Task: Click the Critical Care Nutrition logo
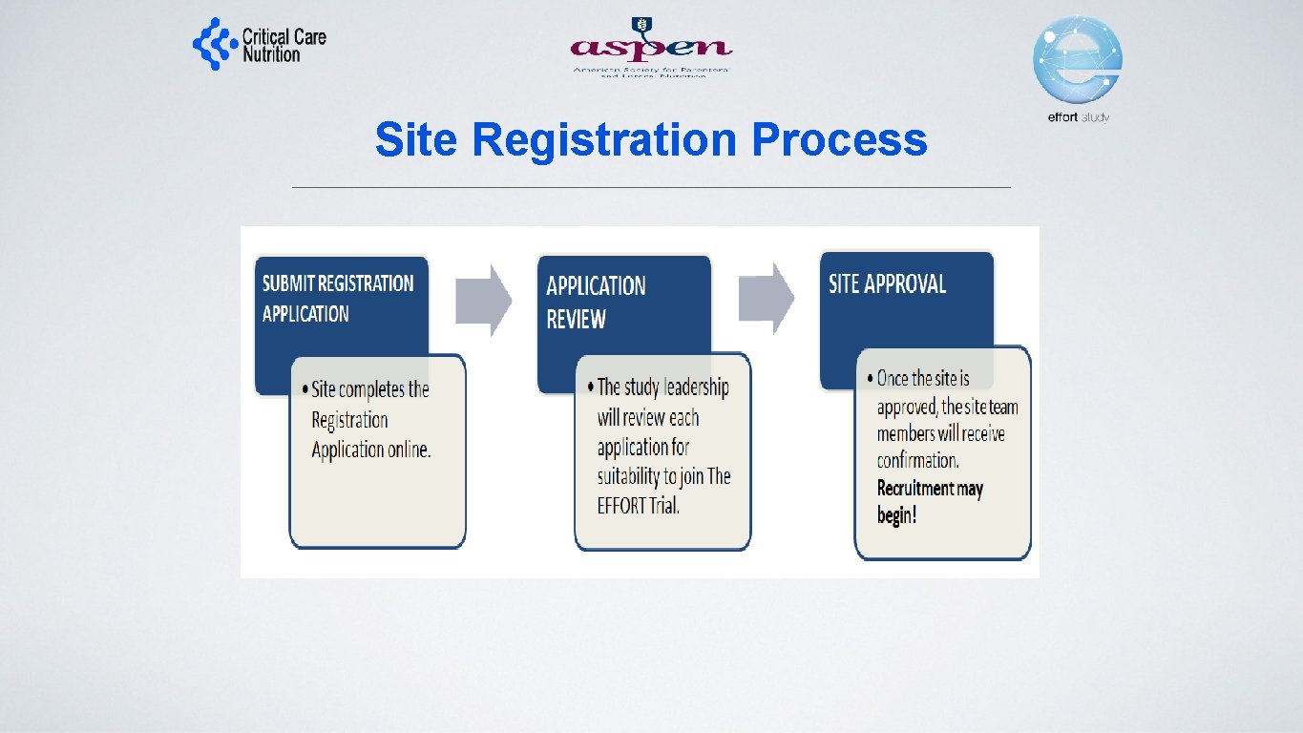click(x=259, y=44)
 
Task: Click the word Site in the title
click(x=416, y=140)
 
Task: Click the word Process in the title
click(x=839, y=140)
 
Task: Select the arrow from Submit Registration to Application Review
click(x=484, y=299)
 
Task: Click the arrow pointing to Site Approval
click(x=767, y=298)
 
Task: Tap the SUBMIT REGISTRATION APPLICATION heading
click(x=337, y=298)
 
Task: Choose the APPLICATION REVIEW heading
click(x=596, y=302)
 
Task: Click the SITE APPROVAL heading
click(x=887, y=284)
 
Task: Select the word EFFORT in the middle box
click(x=621, y=506)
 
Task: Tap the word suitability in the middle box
click(x=637, y=476)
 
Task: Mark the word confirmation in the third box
click(x=917, y=461)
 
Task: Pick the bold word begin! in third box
click(x=896, y=516)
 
